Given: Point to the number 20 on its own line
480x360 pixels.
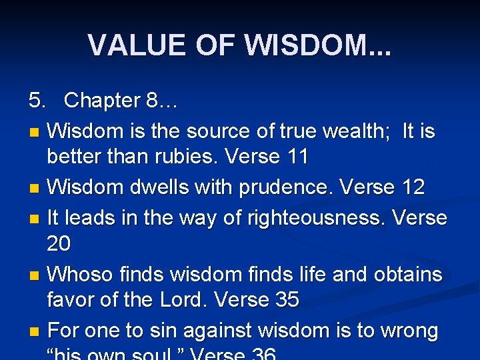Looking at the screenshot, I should coord(59,244).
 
